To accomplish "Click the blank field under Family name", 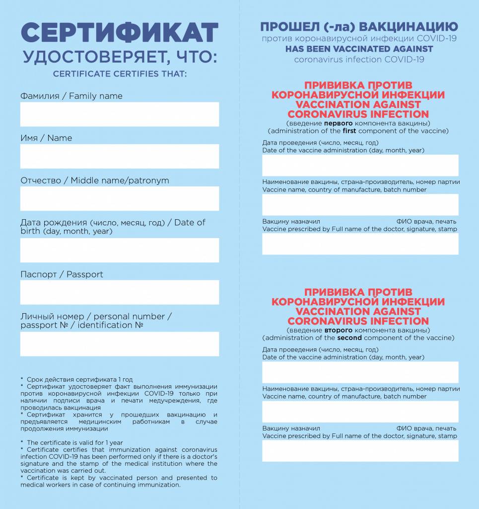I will click(120, 114).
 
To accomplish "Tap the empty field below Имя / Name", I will click(120, 156).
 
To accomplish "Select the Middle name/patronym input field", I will click(120, 198).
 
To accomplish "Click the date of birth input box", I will click(120, 250).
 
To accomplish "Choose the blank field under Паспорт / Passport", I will click(120, 292).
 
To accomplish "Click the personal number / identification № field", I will click(120, 344).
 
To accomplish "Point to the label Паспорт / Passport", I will click(62, 274).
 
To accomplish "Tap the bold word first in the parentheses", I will click(349, 131).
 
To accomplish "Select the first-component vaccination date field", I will click(360, 165).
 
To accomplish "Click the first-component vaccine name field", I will click(360, 204).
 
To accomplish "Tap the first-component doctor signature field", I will click(360, 244).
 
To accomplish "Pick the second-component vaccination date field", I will click(360, 372).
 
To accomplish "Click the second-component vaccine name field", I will click(360, 411).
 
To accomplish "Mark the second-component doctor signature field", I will click(360, 450).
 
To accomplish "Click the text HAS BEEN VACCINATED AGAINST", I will click(359, 49).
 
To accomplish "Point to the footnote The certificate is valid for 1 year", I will click(74, 442).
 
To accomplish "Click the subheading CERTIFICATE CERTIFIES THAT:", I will click(120, 75).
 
